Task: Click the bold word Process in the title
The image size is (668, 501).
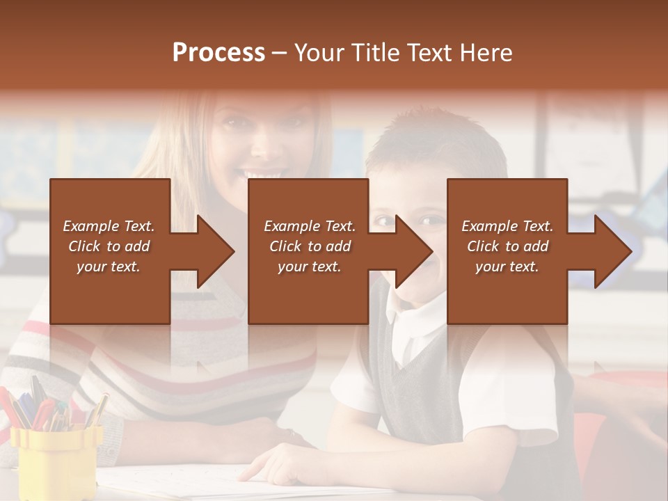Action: point(218,53)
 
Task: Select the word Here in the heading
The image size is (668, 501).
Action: point(486,53)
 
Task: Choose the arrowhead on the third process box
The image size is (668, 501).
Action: point(610,251)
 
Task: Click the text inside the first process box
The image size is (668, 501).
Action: point(109,246)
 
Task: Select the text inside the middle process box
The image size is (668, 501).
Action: point(309,246)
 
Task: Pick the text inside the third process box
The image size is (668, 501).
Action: point(507,246)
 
